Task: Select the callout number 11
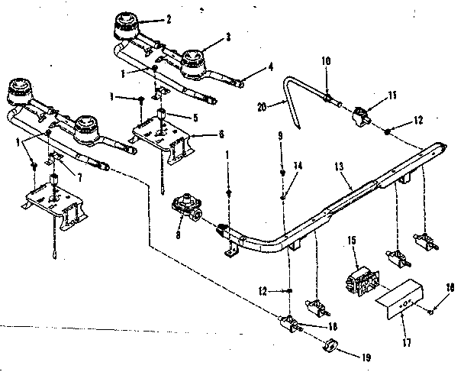373,95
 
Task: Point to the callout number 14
298,166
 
